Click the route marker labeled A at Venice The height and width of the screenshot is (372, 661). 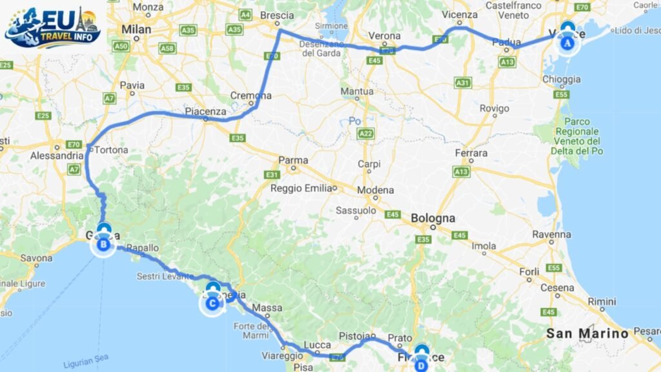point(567,43)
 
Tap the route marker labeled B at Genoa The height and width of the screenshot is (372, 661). point(103,243)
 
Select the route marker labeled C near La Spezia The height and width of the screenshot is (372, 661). point(212,302)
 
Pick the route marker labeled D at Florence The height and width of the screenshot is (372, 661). point(421,364)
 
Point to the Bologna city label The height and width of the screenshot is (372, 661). point(432,218)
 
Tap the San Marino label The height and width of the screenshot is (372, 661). point(587,334)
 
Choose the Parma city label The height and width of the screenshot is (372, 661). point(293,160)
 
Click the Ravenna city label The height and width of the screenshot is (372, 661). point(547,235)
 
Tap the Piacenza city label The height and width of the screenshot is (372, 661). point(205,111)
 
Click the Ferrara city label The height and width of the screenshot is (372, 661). point(471,153)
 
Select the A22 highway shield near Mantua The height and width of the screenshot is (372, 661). point(365,134)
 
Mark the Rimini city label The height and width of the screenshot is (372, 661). point(601,302)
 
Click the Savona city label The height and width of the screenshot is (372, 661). point(36,258)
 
